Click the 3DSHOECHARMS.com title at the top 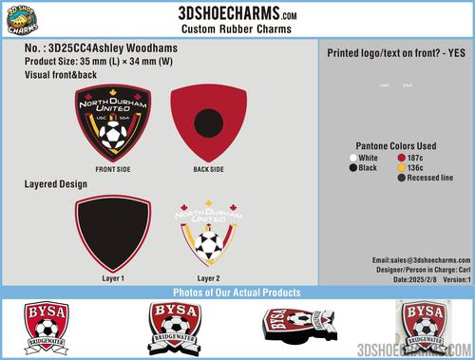[x=237, y=12]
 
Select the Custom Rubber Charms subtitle [x=237, y=31]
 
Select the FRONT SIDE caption [x=113, y=170]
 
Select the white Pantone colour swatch [x=354, y=157]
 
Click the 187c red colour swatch [x=402, y=157]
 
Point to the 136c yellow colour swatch [x=402, y=167]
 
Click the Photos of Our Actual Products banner [x=237, y=291]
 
